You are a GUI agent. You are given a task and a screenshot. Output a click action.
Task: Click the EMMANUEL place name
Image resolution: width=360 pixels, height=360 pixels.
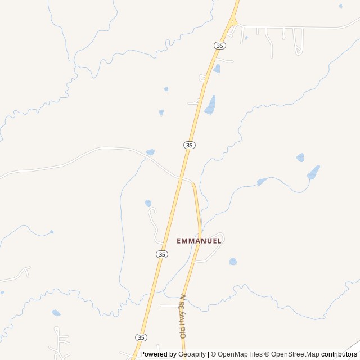199,241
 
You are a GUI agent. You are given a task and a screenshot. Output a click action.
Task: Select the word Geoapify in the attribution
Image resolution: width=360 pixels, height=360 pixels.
192,354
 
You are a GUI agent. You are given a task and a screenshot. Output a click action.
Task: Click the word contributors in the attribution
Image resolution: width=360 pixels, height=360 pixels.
339,354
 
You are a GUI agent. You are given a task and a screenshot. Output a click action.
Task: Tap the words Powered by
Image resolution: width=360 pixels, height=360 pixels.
159,354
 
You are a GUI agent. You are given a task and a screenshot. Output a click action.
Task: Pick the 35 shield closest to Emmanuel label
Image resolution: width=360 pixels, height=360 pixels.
162,254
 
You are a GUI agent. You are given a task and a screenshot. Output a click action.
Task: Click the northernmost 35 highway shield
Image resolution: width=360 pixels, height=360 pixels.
219,45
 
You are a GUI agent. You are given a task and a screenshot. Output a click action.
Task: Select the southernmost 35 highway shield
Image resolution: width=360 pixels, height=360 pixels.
141,337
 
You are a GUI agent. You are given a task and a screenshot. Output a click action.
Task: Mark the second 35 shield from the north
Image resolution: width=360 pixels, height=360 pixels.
190,145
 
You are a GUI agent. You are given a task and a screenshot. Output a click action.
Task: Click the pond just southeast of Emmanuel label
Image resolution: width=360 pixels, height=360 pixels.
233,262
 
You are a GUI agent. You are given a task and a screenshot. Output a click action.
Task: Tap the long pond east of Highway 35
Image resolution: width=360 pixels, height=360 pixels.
210,105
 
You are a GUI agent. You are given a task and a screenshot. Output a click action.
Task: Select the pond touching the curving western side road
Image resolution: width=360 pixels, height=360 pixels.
150,152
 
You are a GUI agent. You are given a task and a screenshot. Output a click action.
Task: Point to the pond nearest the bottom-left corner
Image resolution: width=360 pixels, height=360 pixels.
56,313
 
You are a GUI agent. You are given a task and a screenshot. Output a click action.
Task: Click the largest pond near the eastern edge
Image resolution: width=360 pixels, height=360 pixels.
313,173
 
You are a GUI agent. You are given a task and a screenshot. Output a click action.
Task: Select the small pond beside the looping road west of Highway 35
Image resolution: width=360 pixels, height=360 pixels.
148,203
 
